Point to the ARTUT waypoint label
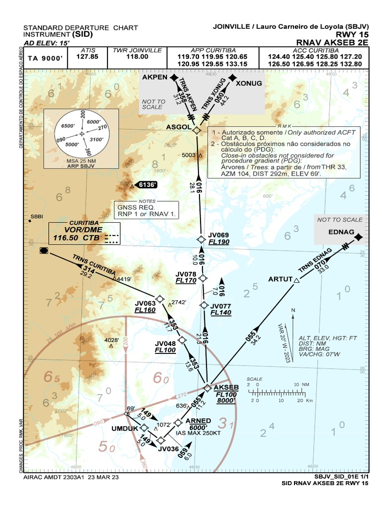(x=280, y=279)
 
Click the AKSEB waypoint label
(x=226, y=387)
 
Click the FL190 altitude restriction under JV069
(x=219, y=242)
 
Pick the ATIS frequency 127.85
(x=88, y=57)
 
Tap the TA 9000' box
(x=45, y=58)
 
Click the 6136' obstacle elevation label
(x=148, y=185)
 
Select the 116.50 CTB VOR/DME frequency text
(x=77, y=238)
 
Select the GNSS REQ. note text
(x=136, y=207)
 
